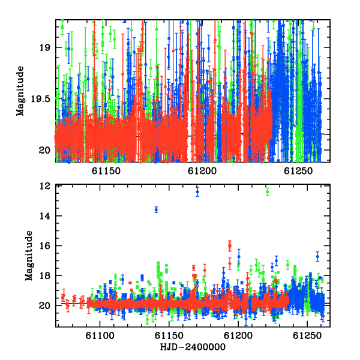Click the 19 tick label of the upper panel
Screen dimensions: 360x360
[x=45, y=47]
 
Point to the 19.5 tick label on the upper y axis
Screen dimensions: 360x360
[x=40, y=99]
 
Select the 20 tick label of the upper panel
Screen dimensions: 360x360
[x=45, y=151]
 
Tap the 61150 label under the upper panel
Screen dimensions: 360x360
[x=106, y=171]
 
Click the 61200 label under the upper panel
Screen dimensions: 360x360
[x=202, y=171]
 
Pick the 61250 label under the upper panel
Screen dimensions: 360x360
[x=298, y=171]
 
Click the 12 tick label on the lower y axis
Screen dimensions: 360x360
[x=45, y=186]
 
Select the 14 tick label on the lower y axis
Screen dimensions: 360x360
[x=45, y=216]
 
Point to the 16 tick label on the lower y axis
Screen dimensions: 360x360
[x=45, y=246]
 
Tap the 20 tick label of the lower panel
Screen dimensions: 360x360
[x=45, y=305]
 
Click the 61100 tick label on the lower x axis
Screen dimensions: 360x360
[x=100, y=336]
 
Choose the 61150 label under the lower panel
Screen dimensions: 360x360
[x=169, y=336]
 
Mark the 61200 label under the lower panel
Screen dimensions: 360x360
[x=238, y=336]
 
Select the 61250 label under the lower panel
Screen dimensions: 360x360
[x=307, y=336]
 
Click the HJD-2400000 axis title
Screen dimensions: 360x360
[x=193, y=347]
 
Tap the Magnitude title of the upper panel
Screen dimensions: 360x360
[x=20, y=91]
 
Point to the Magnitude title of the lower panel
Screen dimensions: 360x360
[x=29, y=256]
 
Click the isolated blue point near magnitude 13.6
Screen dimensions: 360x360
[x=156, y=209]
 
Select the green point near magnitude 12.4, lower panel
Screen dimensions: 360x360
[x=267, y=191]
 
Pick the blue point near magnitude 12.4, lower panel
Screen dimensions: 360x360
[x=197, y=192]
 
